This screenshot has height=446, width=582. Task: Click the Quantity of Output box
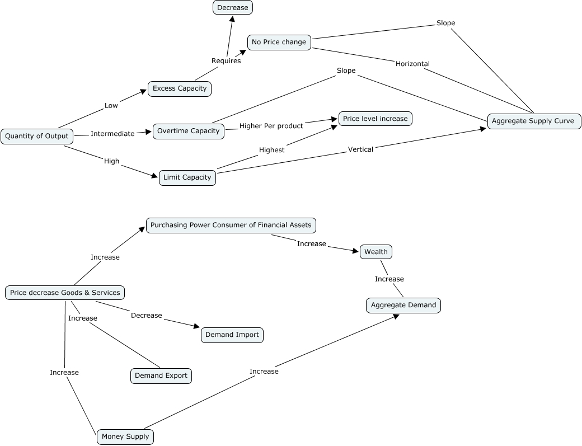point(37,136)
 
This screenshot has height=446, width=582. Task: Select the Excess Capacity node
point(180,88)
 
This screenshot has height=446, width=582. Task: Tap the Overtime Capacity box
point(189,132)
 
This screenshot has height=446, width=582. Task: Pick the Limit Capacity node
point(187,178)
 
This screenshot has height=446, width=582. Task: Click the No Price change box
point(279,43)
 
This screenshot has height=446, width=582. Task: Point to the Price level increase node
point(376,119)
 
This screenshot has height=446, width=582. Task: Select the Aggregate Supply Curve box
point(534,121)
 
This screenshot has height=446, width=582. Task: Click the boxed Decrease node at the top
point(233,8)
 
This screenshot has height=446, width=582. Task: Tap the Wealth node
point(376,252)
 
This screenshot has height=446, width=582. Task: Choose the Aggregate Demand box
point(403,306)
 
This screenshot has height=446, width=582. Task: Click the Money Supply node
point(125,436)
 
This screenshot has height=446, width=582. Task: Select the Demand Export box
point(161,376)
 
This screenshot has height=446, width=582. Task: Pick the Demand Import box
point(232,335)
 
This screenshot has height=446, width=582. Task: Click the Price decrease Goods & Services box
point(65,293)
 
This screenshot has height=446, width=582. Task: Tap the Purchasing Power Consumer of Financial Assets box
point(231,226)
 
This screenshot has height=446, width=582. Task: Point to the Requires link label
point(226,61)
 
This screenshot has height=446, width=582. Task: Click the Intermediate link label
point(112,134)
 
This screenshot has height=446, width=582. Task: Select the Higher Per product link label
point(271,126)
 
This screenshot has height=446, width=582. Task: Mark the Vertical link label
point(360,149)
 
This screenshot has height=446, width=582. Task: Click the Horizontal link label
point(413,64)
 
